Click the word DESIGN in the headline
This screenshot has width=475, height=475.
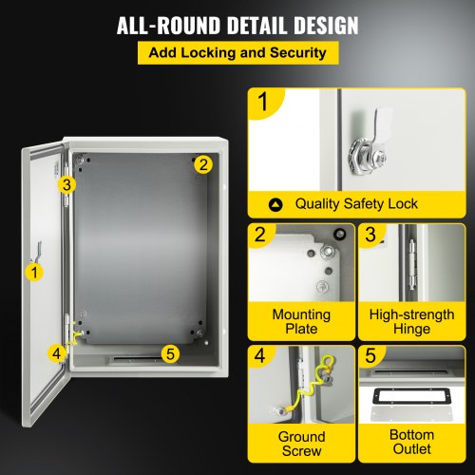coord(326,26)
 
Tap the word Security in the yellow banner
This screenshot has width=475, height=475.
coord(298,52)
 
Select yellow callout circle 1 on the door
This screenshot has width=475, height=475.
coord(34,273)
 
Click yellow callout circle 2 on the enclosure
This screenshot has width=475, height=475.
coord(203,164)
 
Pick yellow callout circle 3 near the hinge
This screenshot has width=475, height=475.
coord(66,184)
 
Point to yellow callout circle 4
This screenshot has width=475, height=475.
coord(57,353)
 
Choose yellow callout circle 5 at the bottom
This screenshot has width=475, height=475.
coord(170,353)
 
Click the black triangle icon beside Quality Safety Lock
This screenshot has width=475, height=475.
coord(275,205)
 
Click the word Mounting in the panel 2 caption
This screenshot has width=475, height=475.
coord(301,314)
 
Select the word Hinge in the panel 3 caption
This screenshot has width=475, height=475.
coord(411,329)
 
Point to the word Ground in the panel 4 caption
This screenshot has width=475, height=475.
coord(301,437)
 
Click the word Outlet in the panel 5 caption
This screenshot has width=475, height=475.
coord(411,449)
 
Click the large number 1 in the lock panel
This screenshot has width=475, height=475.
coord(263,102)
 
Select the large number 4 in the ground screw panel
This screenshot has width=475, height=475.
coord(259,355)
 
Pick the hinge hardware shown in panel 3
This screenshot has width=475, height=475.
coord(411,265)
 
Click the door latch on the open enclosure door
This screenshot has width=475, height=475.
coord(37,253)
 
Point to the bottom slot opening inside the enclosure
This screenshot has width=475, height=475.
coord(136,359)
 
